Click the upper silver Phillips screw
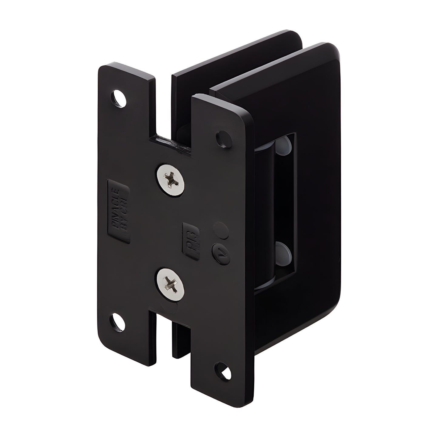click(171, 179)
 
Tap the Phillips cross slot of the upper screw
click(171, 179)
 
